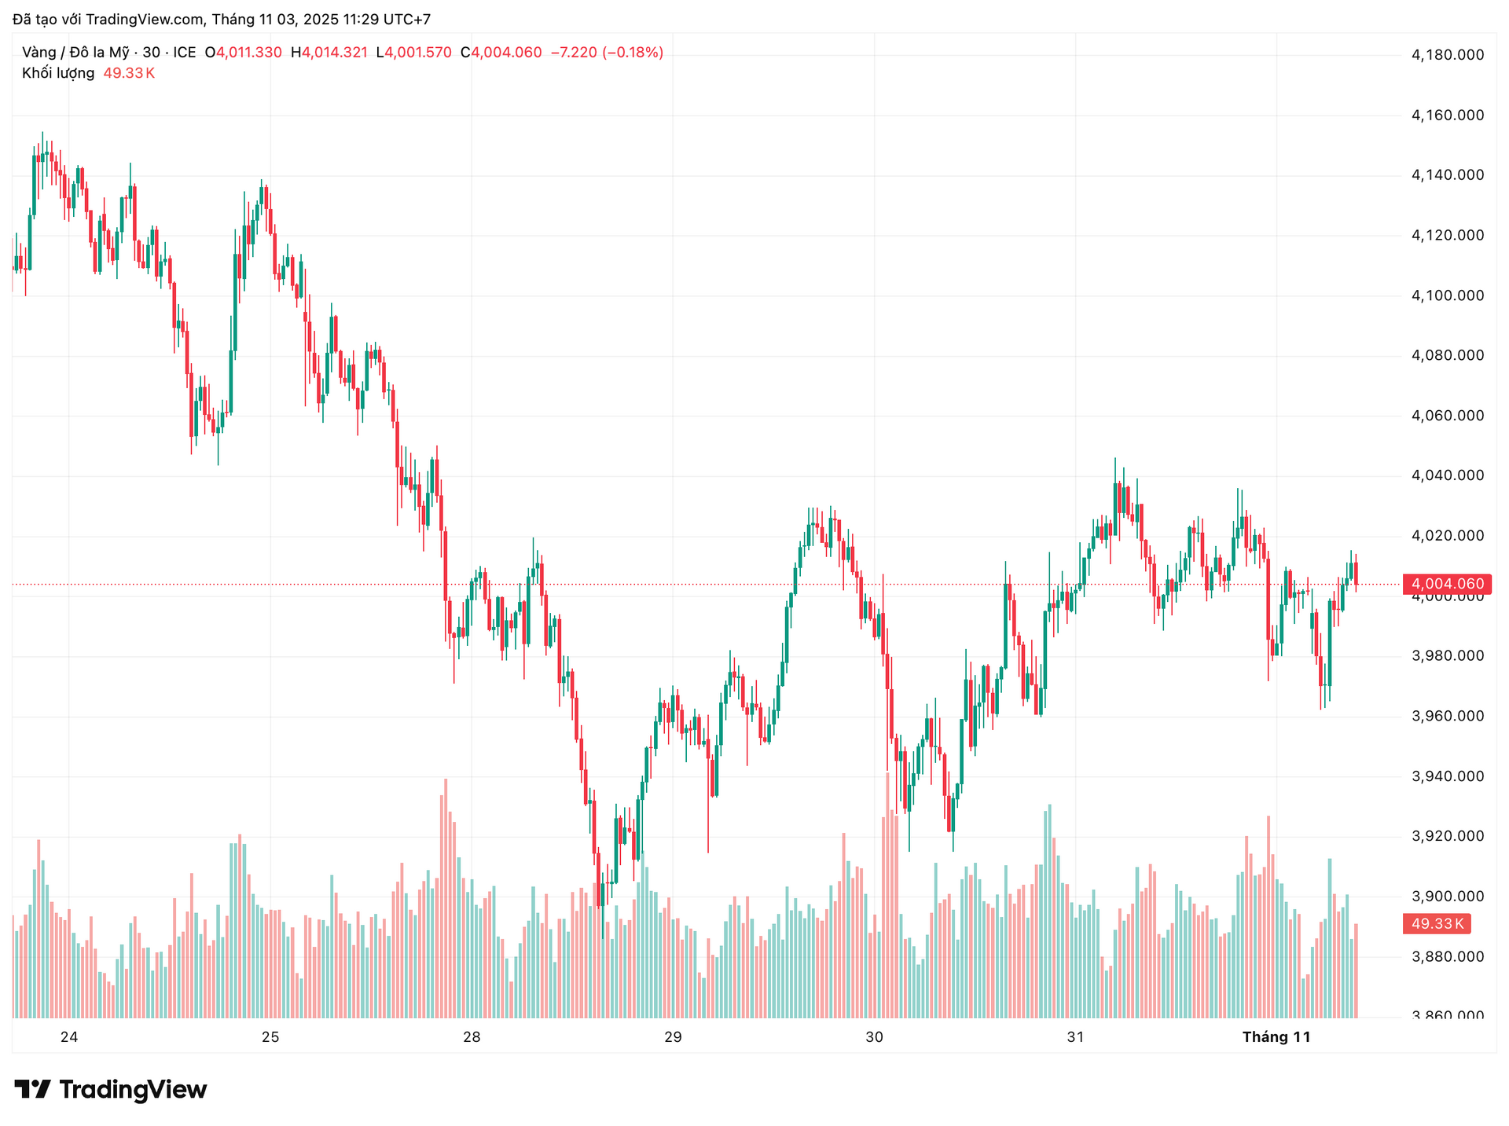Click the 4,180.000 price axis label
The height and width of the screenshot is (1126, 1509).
(1448, 55)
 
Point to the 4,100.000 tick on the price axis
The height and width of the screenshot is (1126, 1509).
(1448, 295)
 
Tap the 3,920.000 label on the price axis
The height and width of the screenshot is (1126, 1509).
(1448, 836)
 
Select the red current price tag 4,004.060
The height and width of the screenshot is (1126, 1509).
(1447, 584)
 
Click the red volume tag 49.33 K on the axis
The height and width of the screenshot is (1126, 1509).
(1437, 924)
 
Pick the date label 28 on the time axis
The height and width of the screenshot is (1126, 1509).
(472, 1037)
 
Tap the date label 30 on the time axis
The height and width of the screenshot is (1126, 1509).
(874, 1037)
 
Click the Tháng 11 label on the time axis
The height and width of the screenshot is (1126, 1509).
(1276, 1037)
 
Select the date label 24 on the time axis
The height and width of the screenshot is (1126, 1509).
(69, 1037)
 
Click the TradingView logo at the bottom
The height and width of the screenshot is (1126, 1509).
(111, 1090)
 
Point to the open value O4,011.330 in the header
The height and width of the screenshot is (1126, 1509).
(244, 53)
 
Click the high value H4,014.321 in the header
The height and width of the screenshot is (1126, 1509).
(329, 53)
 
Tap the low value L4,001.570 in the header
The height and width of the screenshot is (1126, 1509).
(414, 53)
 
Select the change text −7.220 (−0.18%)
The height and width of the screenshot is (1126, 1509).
(607, 53)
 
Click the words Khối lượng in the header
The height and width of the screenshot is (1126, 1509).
(58, 73)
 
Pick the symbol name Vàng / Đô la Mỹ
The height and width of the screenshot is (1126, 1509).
(75, 53)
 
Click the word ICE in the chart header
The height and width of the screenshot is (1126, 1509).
(185, 53)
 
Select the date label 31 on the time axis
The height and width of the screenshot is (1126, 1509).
(1075, 1037)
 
